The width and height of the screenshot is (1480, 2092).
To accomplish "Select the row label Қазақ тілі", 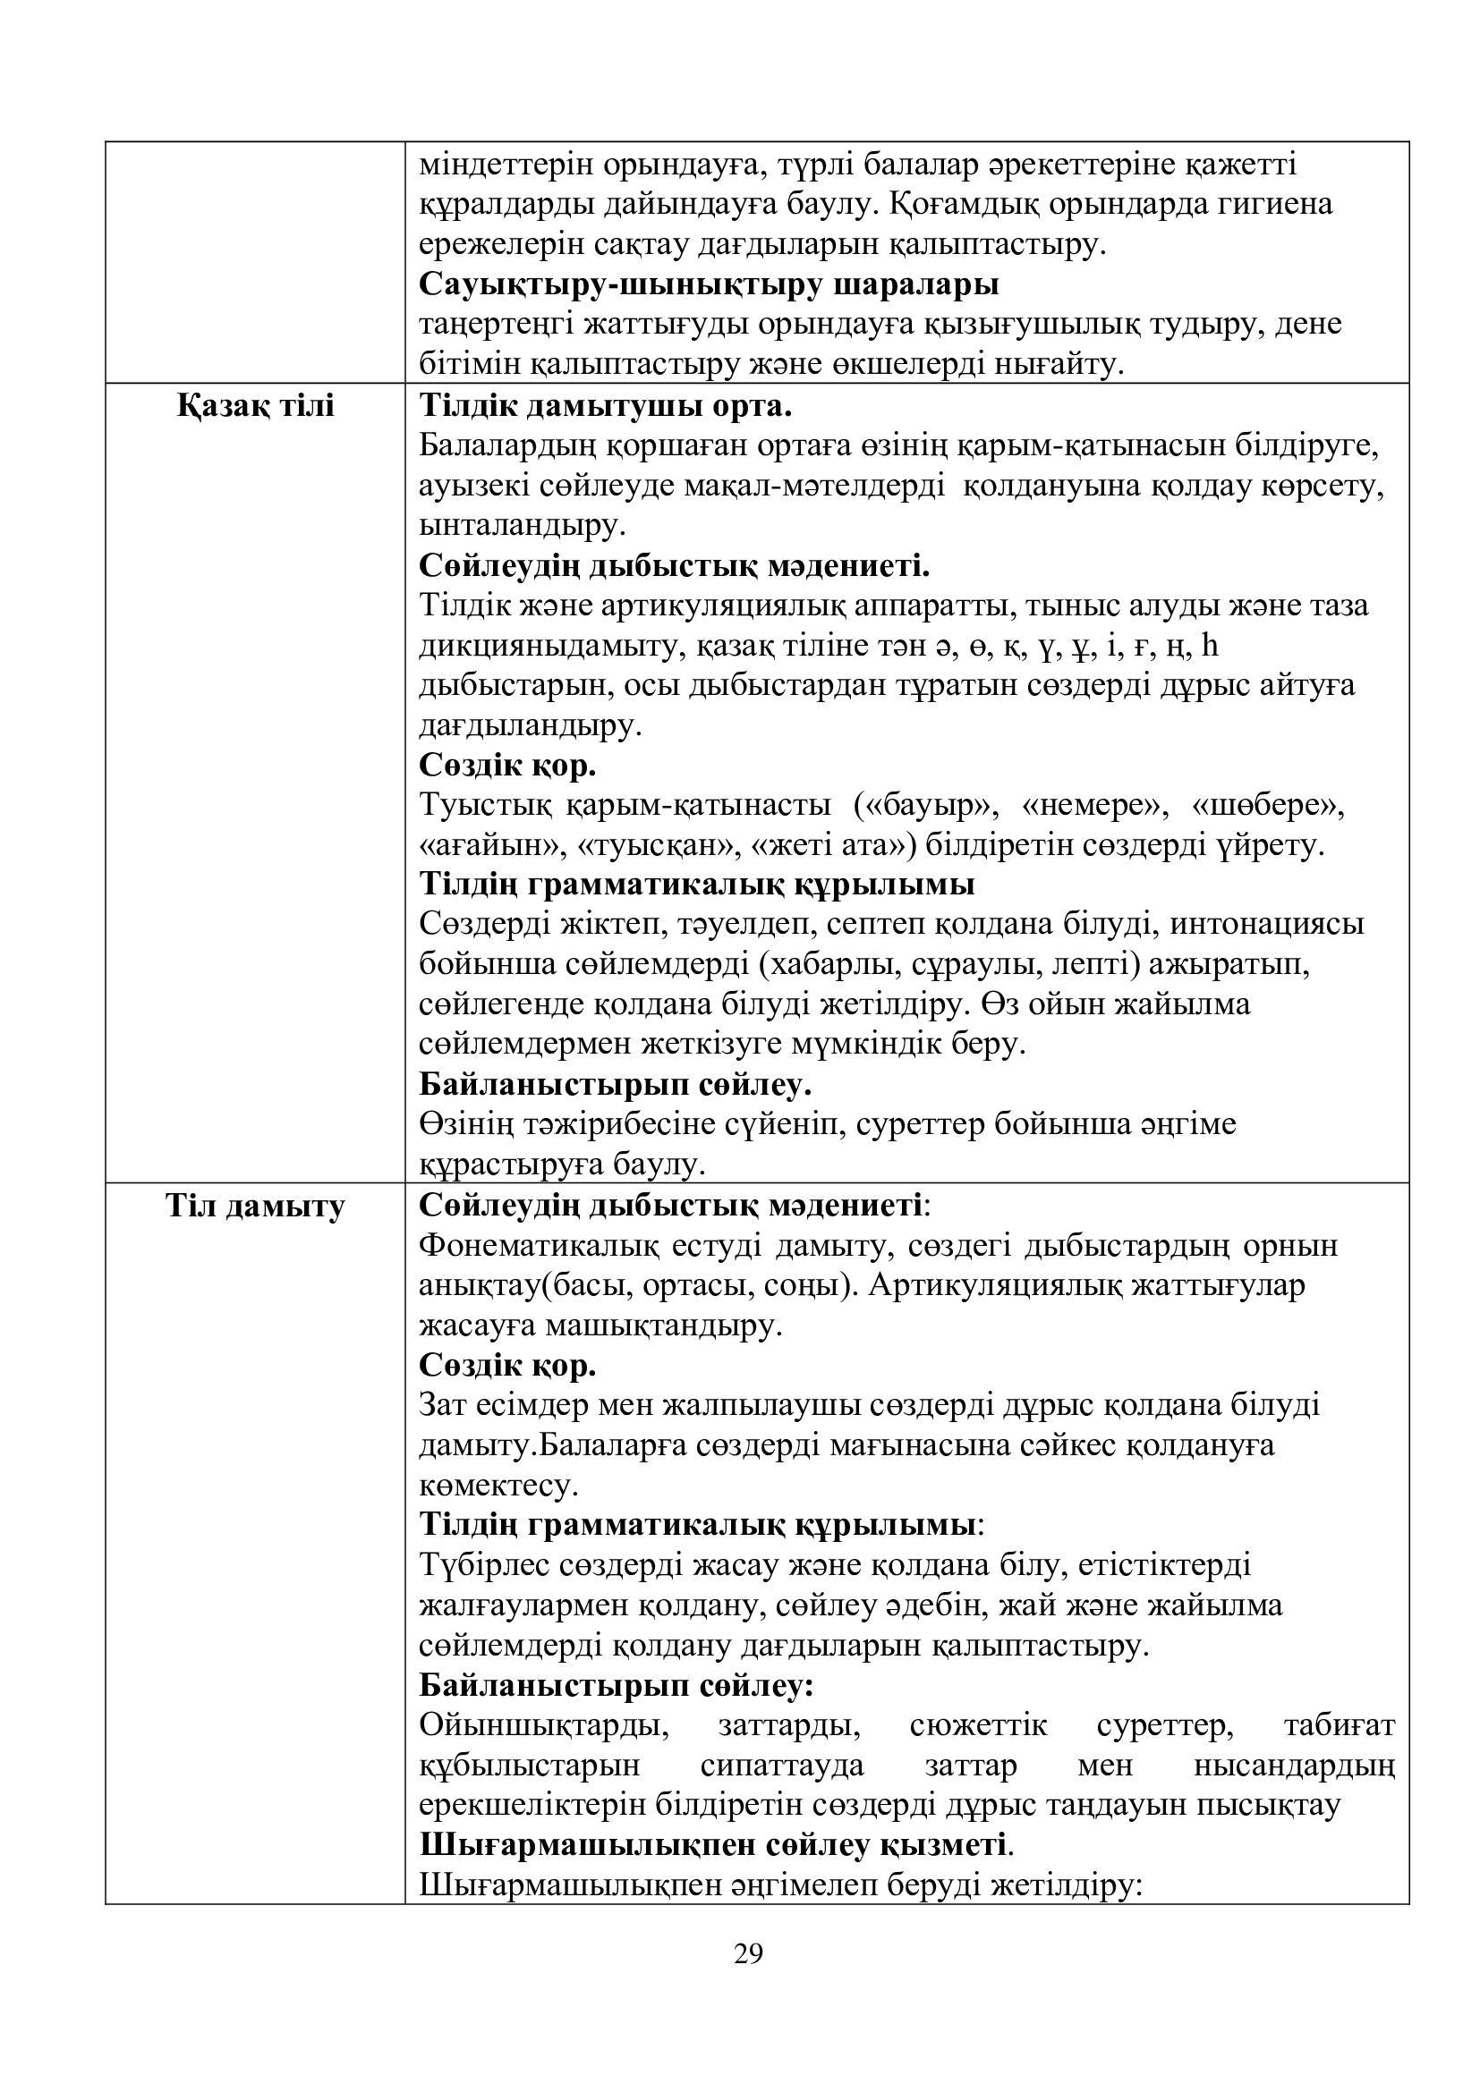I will tap(255, 406).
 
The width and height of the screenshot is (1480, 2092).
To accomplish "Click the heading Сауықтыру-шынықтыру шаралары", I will tap(709, 284).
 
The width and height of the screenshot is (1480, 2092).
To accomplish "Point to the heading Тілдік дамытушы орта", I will tap(605, 406).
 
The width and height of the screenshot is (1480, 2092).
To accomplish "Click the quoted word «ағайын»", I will tap(491, 846).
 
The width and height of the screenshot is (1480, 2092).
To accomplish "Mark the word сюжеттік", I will tap(979, 1725).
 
